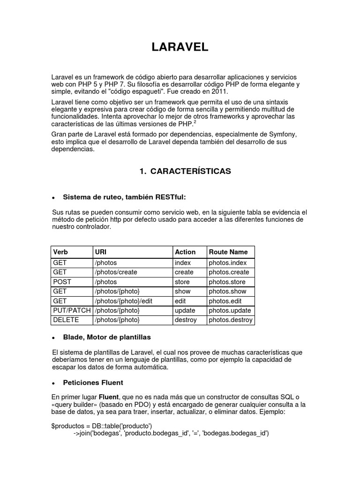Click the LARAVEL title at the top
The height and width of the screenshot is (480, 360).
pos(180,47)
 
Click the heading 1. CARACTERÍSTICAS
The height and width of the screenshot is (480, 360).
pos(185,172)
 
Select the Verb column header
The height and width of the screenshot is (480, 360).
pos(61,252)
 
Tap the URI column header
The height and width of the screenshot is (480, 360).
pos(100,252)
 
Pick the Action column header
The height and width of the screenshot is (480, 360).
pos(185,252)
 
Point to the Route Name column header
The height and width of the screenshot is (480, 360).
pos(228,252)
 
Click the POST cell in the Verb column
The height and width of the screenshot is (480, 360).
pos(62,282)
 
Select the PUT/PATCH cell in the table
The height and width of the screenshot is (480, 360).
pos(72,310)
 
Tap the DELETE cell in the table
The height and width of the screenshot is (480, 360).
pos(66,320)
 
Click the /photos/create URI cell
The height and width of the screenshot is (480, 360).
pos(113,272)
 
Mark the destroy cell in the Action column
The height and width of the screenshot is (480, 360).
pos(186,320)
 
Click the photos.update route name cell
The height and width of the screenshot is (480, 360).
pos(230,310)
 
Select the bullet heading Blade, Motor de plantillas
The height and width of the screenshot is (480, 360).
pos(107,337)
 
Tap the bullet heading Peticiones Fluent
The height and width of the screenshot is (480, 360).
pos(93,382)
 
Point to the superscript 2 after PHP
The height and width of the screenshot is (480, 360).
pos(195,122)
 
